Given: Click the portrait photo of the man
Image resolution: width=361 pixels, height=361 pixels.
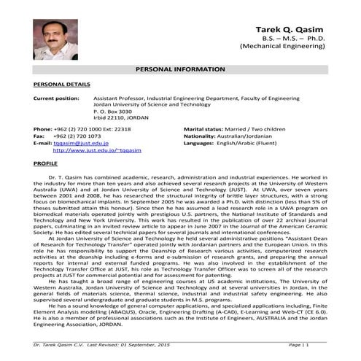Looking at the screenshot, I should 55,39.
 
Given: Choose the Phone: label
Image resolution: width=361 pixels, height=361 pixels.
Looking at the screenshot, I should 43,129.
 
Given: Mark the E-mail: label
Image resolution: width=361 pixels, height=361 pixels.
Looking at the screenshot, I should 43,143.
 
